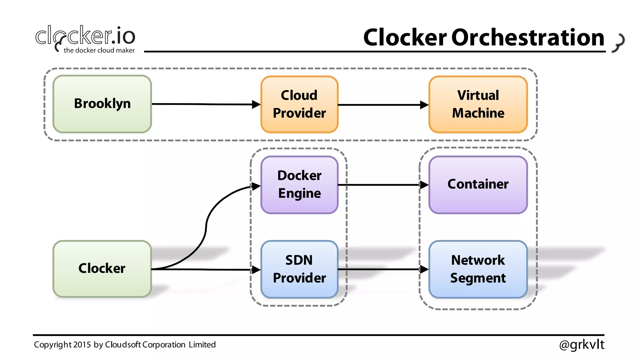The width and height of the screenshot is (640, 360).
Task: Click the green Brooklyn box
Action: click(102, 104)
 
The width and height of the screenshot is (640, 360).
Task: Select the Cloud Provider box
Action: click(299, 104)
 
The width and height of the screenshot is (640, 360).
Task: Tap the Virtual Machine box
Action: click(478, 104)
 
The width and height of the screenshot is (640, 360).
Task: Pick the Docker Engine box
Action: click(299, 185)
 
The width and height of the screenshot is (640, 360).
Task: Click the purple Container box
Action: click(478, 185)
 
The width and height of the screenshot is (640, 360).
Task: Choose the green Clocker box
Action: click(102, 269)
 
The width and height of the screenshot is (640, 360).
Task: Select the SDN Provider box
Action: click(299, 269)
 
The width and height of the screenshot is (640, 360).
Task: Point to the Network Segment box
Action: click(478, 269)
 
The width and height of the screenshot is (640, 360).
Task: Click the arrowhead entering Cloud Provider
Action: click(256, 105)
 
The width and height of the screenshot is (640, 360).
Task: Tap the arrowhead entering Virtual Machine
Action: click(424, 105)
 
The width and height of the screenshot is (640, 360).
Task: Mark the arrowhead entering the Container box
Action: click(424, 185)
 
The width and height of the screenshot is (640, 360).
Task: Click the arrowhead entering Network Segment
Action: click(424, 269)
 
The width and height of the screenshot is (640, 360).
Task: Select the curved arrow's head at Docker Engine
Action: click(256, 187)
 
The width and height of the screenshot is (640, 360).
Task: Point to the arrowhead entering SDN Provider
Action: click(256, 270)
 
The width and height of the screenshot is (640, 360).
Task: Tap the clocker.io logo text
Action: click(85, 36)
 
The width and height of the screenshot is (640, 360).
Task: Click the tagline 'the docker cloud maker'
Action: click(99, 50)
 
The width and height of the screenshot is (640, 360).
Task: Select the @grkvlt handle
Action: click(582, 344)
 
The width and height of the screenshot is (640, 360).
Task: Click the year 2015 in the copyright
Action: click(82, 345)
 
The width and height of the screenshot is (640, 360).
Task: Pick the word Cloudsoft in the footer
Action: click(123, 345)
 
